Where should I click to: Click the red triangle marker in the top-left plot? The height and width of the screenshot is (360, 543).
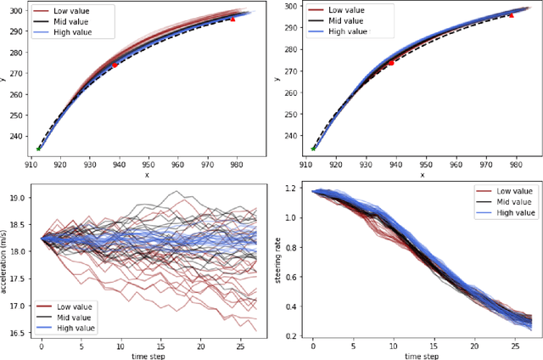pos(233,17)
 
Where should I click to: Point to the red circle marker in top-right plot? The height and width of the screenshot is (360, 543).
pos(391,62)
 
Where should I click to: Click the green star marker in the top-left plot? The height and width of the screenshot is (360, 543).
pos(38,149)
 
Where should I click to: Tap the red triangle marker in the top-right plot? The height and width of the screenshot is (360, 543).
pos(511,14)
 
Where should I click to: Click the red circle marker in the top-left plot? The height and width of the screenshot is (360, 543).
pos(115,65)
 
